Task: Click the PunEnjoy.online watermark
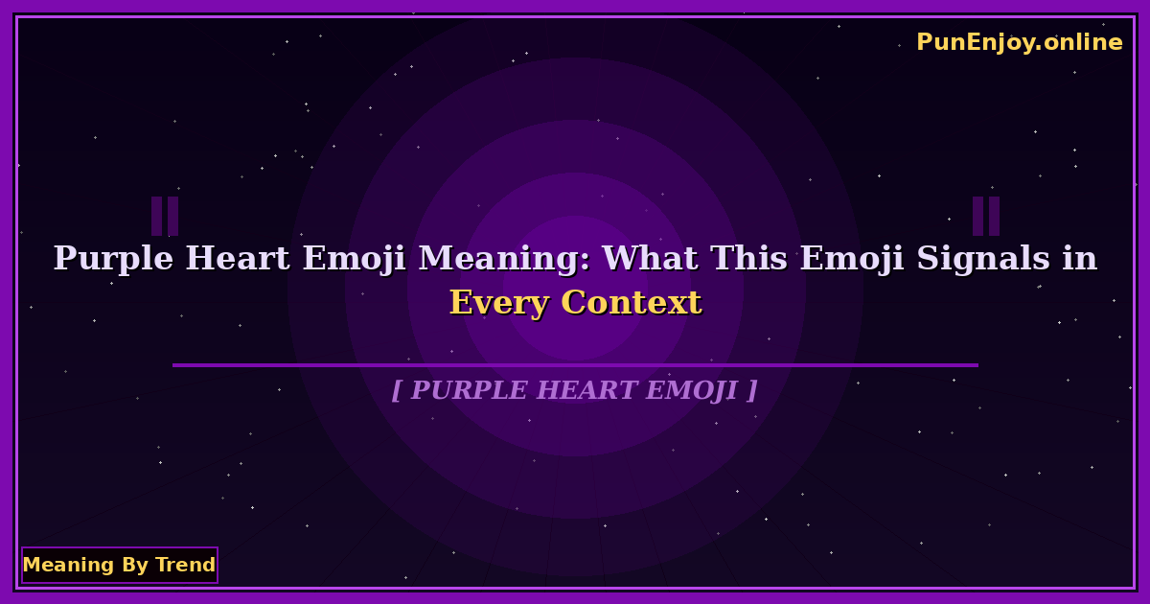click(x=1019, y=42)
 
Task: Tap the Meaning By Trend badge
click(x=119, y=565)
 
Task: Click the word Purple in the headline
click(x=114, y=259)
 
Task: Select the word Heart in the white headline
click(x=238, y=259)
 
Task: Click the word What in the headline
click(x=647, y=259)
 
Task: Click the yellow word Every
click(x=499, y=303)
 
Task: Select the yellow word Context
click(x=632, y=303)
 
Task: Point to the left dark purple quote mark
click(x=165, y=216)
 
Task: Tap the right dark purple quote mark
click(x=986, y=216)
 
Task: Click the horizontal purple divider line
click(x=575, y=365)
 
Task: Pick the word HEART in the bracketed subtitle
click(x=588, y=391)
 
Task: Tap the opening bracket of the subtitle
click(x=396, y=391)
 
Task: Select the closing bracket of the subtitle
click(x=752, y=391)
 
